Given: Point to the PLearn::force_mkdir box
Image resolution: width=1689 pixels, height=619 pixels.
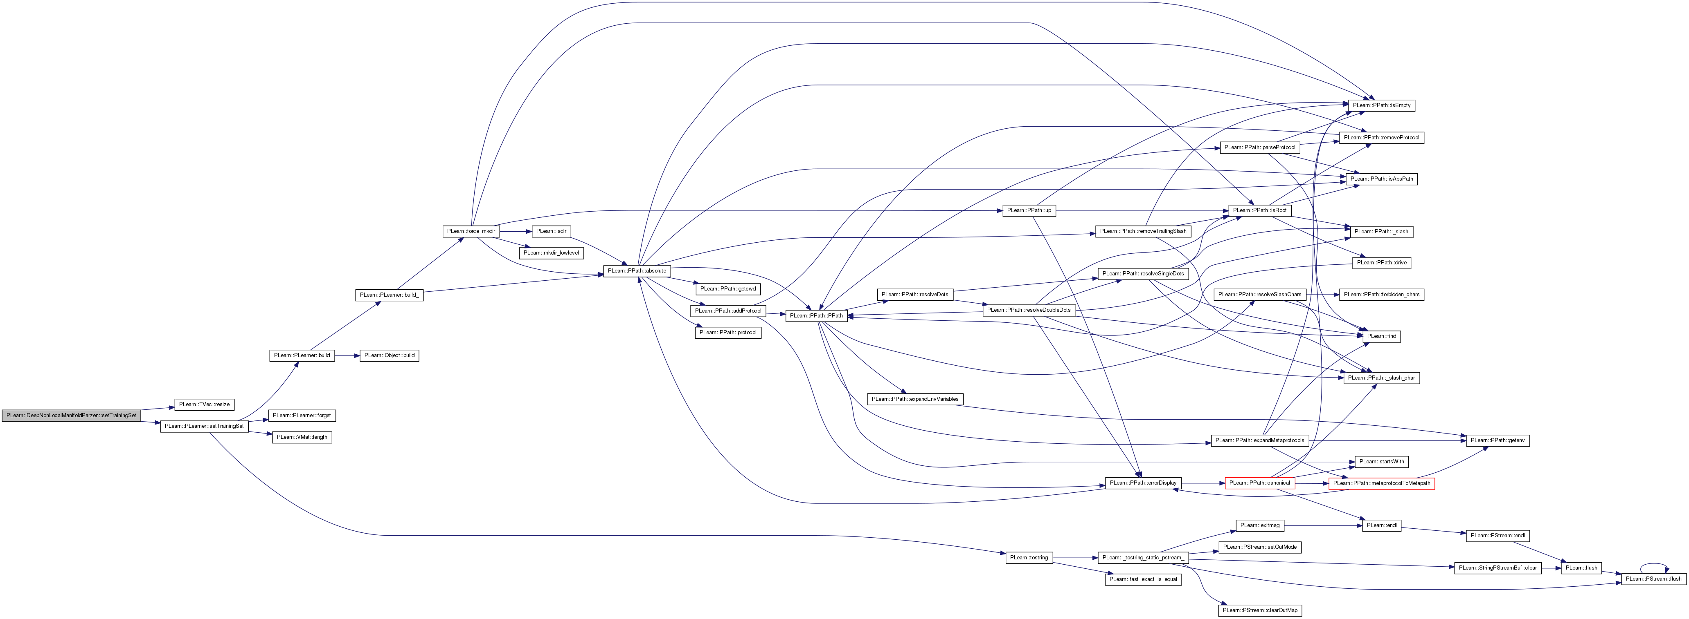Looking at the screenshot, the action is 471,231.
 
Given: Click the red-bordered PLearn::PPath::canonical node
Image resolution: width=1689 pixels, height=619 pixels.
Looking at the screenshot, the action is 1259,483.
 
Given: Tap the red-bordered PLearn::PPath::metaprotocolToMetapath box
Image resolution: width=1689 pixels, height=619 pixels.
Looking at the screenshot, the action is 1381,483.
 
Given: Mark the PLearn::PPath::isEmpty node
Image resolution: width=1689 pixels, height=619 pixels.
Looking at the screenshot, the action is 1381,105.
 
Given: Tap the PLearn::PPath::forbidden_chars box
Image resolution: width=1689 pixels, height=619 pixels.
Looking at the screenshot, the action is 1381,295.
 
